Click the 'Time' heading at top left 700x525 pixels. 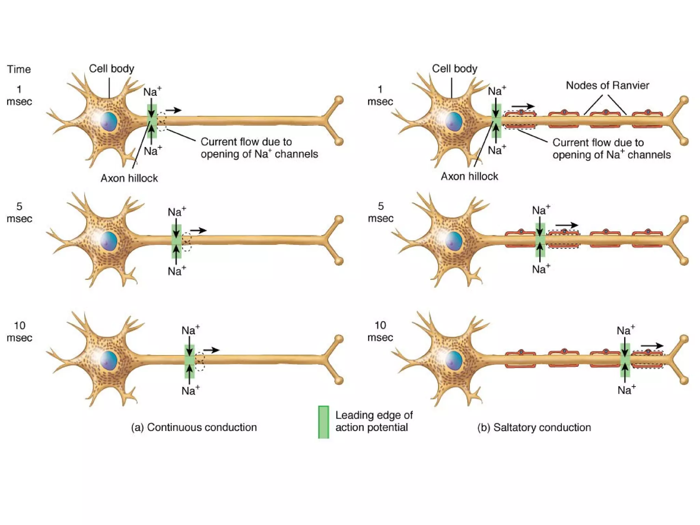pyautogui.click(x=19, y=69)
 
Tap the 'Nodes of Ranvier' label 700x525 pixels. pyautogui.click(x=607, y=85)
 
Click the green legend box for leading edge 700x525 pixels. pyautogui.click(x=323, y=422)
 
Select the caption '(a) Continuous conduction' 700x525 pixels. pyautogui.click(x=194, y=427)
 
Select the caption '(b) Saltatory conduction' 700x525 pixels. pyautogui.click(x=534, y=427)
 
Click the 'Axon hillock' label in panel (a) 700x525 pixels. pyautogui.click(x=129, y=178)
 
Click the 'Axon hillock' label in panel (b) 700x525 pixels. pyautogui.click(x=469, y=176)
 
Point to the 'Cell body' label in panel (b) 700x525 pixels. pyautogui.click(x=454, y=69)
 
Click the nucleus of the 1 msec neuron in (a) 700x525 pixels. pyautogui.click(x=109, y=121)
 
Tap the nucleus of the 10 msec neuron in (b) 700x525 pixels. pyautogui.click(x=454, y=360)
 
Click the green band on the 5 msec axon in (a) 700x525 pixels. pyautogui.click(x=176, y=241)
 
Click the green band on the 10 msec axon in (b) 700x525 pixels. pyautogui.click(x=625, y=360)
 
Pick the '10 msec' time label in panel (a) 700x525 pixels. pyautogui.click(x=19, y=332)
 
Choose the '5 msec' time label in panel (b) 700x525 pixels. pyautogui.click(x=380, y=212)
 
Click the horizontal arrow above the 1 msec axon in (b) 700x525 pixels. pyautogui.click(x=523, y=106)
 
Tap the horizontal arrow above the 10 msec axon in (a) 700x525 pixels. pyautogui.click(x=211, y=350)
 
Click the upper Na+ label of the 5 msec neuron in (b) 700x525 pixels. pyautogui.click(x=541, y=210)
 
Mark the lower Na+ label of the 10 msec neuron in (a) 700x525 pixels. pyautogui.click(x=190, y=391)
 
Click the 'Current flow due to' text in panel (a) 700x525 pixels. pyautogui.click(x=246, y=142)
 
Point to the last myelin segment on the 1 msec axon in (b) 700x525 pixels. pyautogui.click(x=647, y=120)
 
